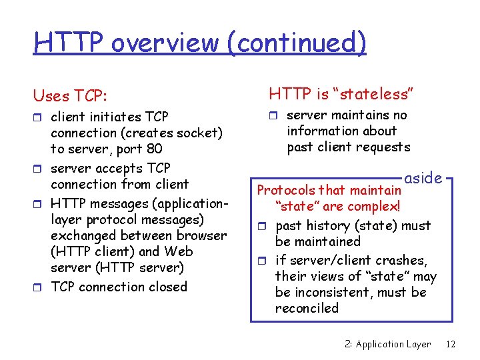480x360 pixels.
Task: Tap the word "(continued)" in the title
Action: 295,42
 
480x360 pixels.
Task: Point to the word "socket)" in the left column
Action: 199,133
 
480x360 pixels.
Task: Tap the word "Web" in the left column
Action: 179,251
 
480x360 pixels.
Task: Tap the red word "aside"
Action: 423,178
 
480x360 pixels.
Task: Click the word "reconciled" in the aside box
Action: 307,308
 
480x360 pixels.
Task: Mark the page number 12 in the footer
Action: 451,344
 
